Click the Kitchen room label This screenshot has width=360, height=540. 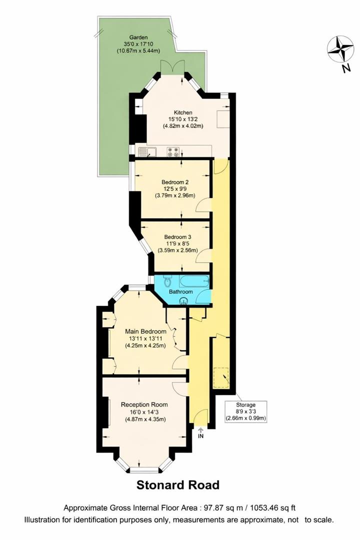(x=182, y=112)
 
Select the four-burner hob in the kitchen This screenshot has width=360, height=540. (x=173, y=151)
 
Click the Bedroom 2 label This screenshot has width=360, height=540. (x=174, y=182)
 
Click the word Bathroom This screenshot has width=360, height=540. (x=180, y=291)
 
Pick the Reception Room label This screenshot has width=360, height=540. (x=144, y=404)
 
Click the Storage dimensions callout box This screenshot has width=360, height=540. (x=245, y=411)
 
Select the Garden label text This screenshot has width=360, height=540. (x=137, y=37)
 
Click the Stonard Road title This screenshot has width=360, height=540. (x=178, y=485)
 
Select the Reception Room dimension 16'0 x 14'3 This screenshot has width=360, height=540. (x=144, y=412)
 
